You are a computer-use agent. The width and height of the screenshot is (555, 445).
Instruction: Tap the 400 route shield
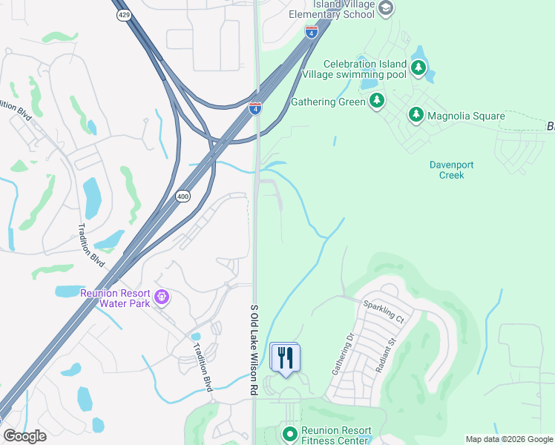click(x=183, y=197)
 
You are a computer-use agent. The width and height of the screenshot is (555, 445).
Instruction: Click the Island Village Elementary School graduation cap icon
click(x=385, y=8)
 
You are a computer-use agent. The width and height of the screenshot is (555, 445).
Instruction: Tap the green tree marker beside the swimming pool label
click(x=419, y=69)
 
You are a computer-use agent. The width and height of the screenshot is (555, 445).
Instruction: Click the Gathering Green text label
click(x=328, y=102)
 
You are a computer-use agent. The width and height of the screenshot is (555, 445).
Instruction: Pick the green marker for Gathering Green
click(x=377, y=100)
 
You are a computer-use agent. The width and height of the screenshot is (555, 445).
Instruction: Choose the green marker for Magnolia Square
click(x=416, y=115)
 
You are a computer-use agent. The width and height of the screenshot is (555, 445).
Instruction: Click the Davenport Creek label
click(x=451, y=170)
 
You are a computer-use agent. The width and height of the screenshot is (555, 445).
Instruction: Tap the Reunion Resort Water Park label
click(x=115, y=297)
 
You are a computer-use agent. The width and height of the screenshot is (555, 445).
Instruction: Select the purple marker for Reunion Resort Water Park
click(x=162, y=298)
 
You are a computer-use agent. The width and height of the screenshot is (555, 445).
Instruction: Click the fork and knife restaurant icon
click(x=284, y=357)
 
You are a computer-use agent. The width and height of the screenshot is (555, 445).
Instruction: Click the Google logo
click(x=24, y=436)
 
